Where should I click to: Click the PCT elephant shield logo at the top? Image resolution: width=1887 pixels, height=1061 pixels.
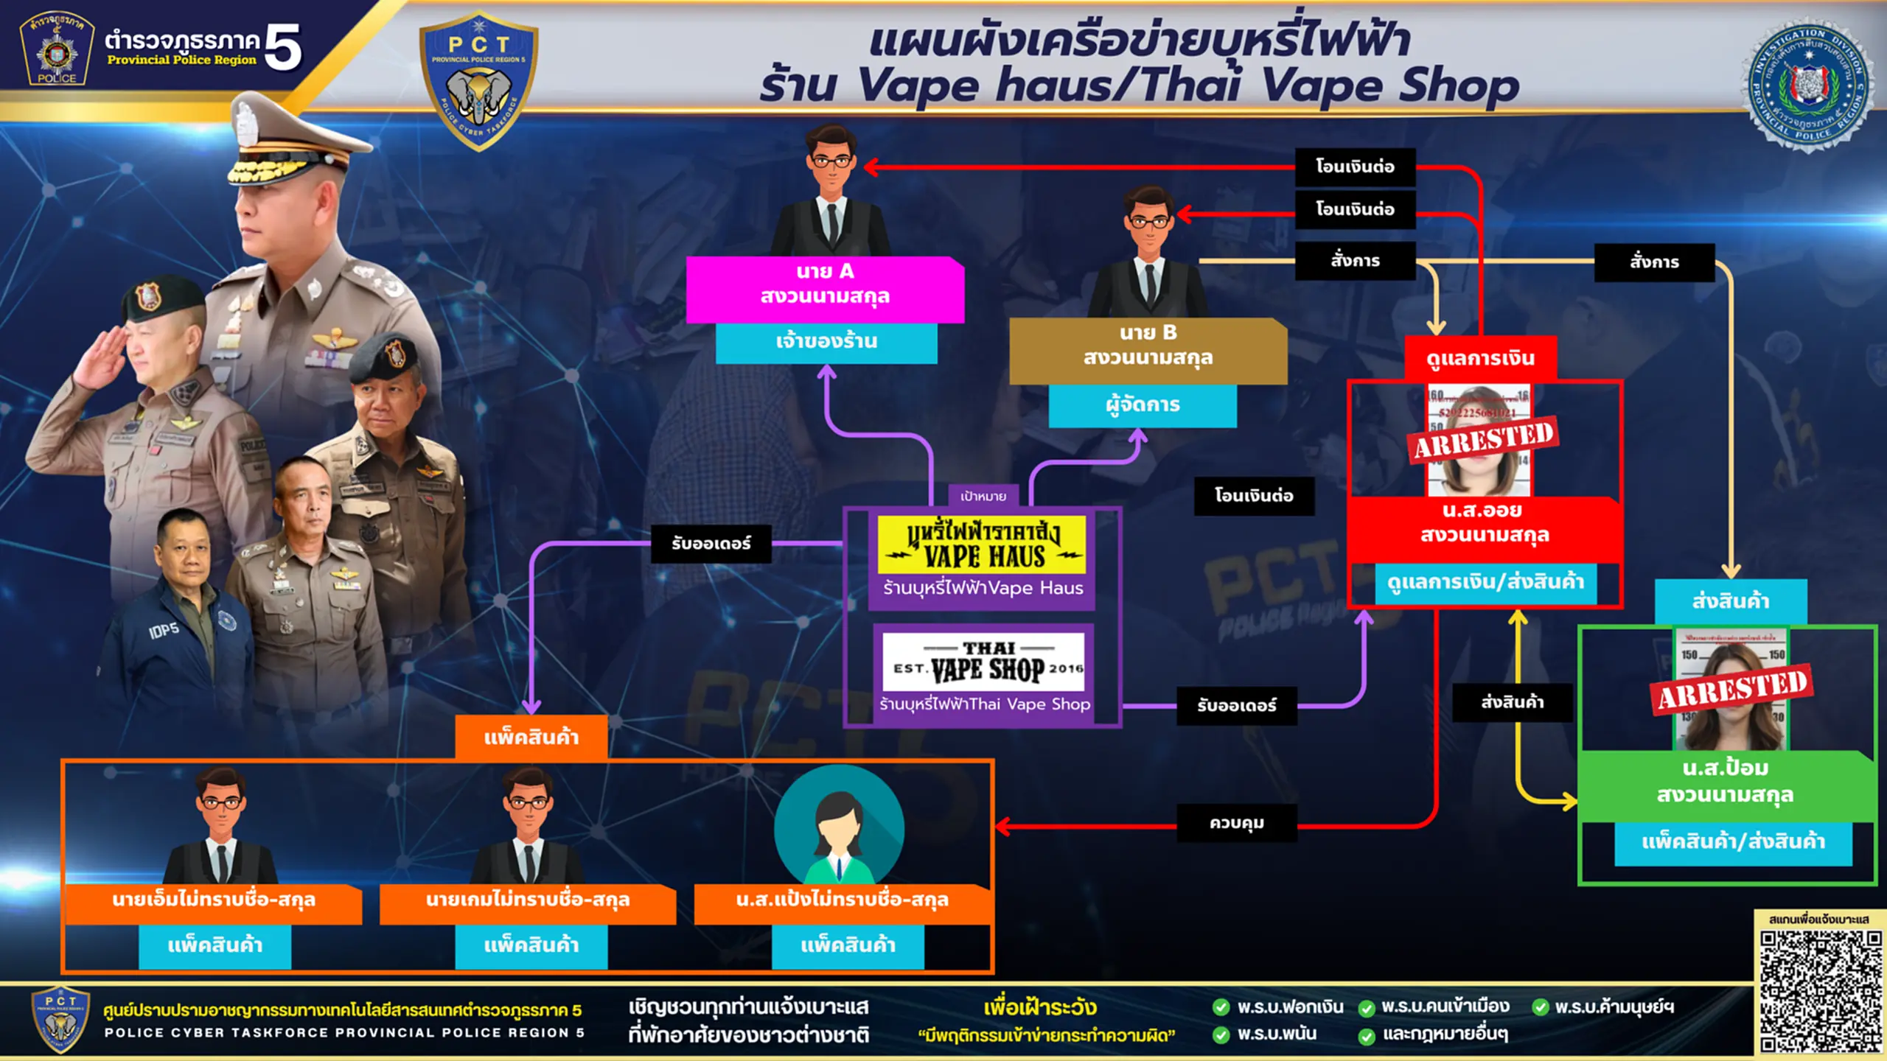click(478, 81)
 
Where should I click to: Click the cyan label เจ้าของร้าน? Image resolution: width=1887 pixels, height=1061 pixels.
click(826, 342)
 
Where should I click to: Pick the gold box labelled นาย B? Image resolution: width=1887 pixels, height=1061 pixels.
click(1148, 346)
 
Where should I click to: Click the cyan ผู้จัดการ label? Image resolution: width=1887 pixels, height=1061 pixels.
click(1143, 405)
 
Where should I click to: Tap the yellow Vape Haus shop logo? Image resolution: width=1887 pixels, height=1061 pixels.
click(982, 545)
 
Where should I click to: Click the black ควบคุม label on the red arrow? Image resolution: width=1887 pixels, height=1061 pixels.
click(1236, 823)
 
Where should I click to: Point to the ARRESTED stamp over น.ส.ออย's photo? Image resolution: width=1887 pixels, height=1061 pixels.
click(1484, 438)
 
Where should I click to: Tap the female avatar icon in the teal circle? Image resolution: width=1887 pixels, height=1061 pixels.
click(839, 829)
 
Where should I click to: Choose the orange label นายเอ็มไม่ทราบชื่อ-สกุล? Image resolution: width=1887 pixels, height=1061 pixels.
click(214, 900)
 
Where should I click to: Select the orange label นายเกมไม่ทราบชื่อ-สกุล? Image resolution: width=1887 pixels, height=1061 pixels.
click(528, 900)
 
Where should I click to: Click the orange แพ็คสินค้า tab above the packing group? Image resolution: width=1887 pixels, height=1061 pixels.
click(531, 737)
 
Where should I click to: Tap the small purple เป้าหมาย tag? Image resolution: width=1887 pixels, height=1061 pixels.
click(983, 497)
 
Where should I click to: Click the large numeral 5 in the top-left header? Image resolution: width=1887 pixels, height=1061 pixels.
click(283, 47)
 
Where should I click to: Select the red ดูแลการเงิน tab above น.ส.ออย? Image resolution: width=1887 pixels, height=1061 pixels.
click(1480, 359)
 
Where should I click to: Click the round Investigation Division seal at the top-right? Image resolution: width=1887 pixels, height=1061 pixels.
click(1810, 85)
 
